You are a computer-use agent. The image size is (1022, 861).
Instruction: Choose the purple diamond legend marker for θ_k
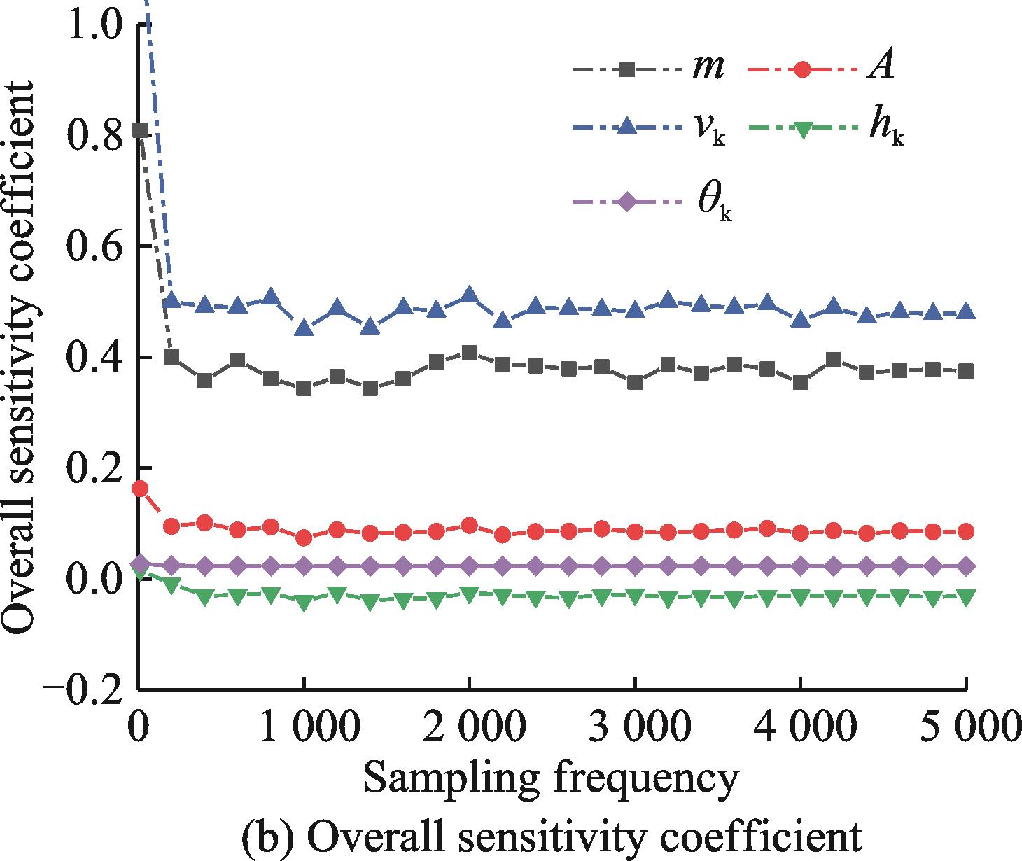point(628,202)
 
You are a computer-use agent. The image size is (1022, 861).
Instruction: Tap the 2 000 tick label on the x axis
point(469,728)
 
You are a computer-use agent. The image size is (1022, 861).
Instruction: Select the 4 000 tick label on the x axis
point(800,728)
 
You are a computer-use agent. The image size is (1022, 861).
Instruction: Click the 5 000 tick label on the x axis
point(966,728)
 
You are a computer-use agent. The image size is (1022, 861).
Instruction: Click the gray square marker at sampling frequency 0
point(140,130)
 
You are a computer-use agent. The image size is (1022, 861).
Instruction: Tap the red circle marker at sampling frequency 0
point(140,489)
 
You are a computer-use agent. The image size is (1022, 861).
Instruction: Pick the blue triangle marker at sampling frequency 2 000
point(469,295)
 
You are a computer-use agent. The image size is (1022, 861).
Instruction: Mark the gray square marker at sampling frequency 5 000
point(967,371)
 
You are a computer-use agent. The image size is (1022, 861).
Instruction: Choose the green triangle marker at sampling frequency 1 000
point(304,603)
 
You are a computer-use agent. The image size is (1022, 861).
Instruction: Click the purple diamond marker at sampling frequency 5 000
point(967,566)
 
